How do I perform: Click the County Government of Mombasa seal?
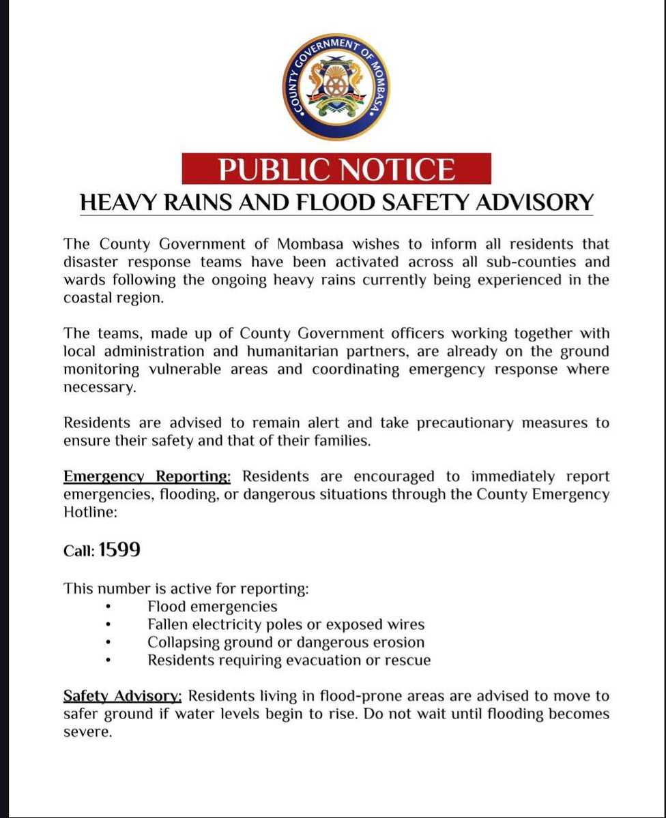coord(332,87)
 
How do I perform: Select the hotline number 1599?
coord(119,550)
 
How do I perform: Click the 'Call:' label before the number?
coord(79,551)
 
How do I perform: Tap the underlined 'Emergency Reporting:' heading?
coord(151,476)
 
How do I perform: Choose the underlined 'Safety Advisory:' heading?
coord(123,697)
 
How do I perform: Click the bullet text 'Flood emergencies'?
coord(212,606)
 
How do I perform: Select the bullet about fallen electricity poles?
coord(286,624)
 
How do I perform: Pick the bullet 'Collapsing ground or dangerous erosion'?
coord(286,642)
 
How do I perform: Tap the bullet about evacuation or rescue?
coord(289,660)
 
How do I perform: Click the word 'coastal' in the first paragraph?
coord(88,297)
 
